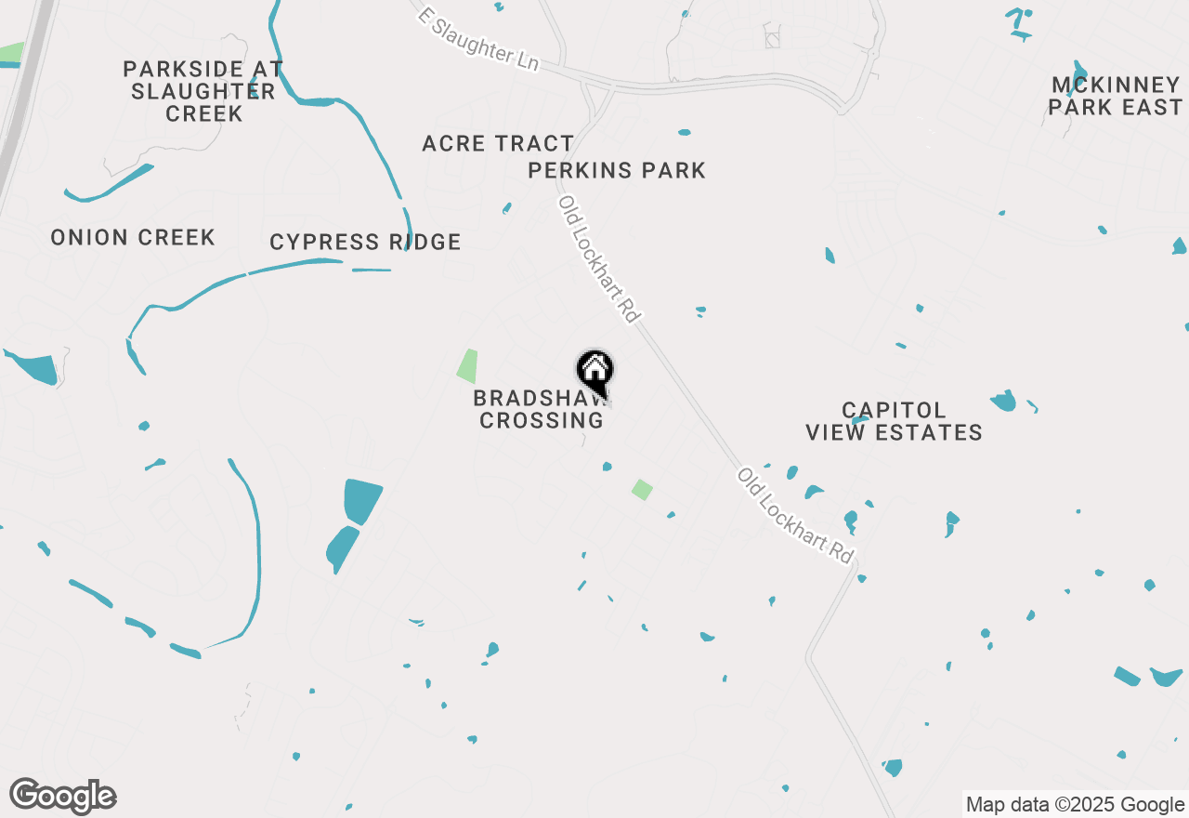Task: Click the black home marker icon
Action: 595,369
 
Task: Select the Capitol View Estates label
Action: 894,421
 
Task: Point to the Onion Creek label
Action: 133,238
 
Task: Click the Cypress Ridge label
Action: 365,243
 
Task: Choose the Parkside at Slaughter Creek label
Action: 203,92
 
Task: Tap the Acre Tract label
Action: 498,144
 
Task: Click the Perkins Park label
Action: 617,171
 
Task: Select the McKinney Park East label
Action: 1115,97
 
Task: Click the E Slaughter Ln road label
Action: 478,39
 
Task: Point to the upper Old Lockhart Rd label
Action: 599,259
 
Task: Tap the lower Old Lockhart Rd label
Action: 795,515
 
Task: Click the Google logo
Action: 62,796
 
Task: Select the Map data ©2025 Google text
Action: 1075,805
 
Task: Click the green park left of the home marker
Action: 467,365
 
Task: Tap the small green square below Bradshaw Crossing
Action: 642,489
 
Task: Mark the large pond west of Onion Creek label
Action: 33,367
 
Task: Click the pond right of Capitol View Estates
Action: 1003,401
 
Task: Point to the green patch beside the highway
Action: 12,52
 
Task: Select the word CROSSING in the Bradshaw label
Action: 541,420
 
